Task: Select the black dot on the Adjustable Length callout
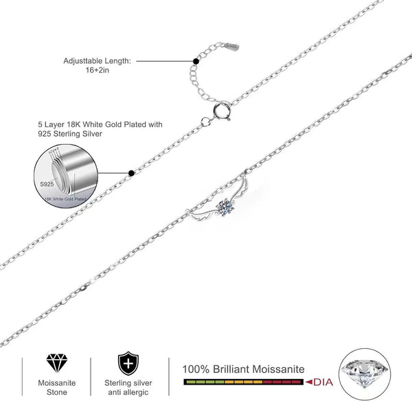point(196,60)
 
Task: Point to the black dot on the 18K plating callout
point(130,172)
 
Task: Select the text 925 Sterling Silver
point(71,135)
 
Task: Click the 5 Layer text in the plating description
point(52,125)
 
